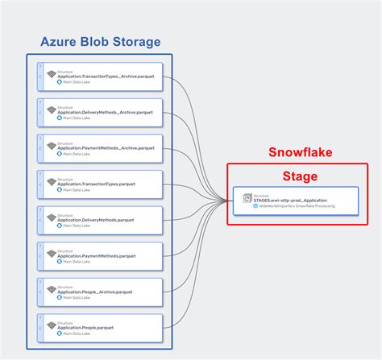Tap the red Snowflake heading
[x=300, y=152]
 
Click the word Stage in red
[x=300, y=176]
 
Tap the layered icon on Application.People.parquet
[x=51, y=325]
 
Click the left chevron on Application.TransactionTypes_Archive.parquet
[x=40, y=77]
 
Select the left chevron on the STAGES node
[x=238, y=201]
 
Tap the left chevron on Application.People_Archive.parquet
[x=40, y=292]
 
